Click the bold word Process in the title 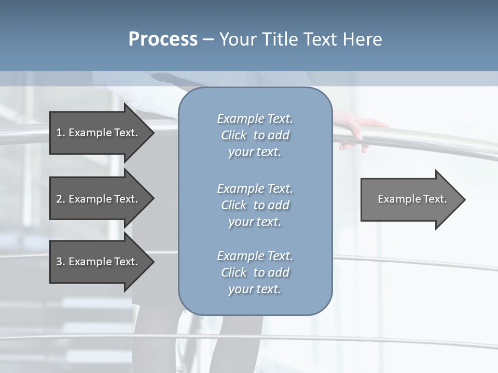coord(163,39)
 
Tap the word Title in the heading coord(278,39)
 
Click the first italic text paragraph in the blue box coord(255,135)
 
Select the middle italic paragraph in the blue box coord(255,205)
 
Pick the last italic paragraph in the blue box coord(255,272)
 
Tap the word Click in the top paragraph coord(233,135)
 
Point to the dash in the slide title coord(208,40)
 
